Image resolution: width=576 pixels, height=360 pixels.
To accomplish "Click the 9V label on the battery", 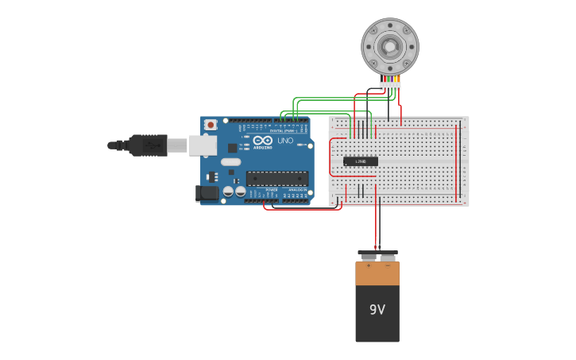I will (377, 309).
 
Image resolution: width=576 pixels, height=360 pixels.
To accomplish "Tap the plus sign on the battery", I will (367, 265).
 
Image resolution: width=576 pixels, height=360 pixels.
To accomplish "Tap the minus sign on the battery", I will (388, 265).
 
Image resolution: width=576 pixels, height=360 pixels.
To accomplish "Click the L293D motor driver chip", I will (360, 161).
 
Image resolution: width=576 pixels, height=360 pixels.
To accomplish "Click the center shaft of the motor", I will (389, 47).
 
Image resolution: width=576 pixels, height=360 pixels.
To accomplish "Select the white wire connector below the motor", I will (390, 85).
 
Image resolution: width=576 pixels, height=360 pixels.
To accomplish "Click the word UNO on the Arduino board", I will (285, 141).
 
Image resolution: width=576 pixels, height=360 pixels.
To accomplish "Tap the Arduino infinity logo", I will (263, 140).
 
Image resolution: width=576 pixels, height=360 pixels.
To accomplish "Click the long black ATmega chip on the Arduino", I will (276, 179).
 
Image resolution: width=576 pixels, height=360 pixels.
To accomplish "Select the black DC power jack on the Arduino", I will (208, 192).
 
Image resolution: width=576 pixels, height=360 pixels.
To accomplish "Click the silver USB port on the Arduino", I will (203, 145).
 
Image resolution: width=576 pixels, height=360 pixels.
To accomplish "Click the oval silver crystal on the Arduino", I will (230, 162).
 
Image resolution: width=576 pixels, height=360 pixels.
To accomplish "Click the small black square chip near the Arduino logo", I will (233, 148).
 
